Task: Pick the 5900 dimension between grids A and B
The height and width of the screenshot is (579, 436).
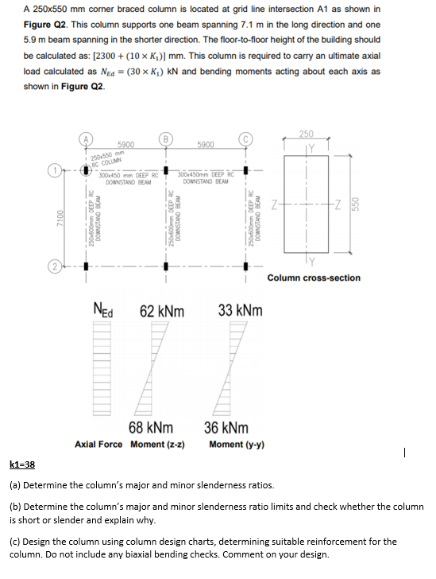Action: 125,144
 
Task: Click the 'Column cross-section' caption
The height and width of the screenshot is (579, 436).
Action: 314,278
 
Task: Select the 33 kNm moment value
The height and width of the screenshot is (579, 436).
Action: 239,309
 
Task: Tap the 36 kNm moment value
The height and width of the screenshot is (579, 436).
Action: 226,428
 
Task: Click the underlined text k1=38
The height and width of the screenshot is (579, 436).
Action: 21,464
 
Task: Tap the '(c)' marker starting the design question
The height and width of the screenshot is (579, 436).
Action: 16,542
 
